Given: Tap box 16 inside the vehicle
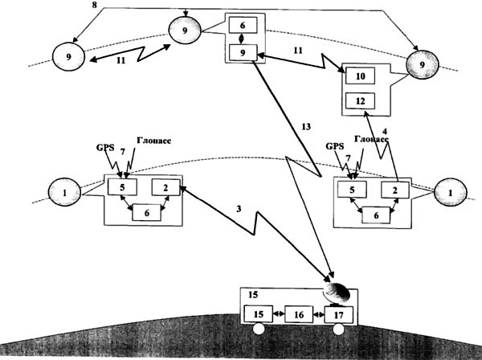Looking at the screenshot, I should click(298, 313).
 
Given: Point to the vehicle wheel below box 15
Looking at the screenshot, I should click(258, 329).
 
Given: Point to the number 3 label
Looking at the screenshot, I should click(238, 210).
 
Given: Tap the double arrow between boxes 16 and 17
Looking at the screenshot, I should click(319, 313).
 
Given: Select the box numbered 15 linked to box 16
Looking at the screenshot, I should click(258, 313).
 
